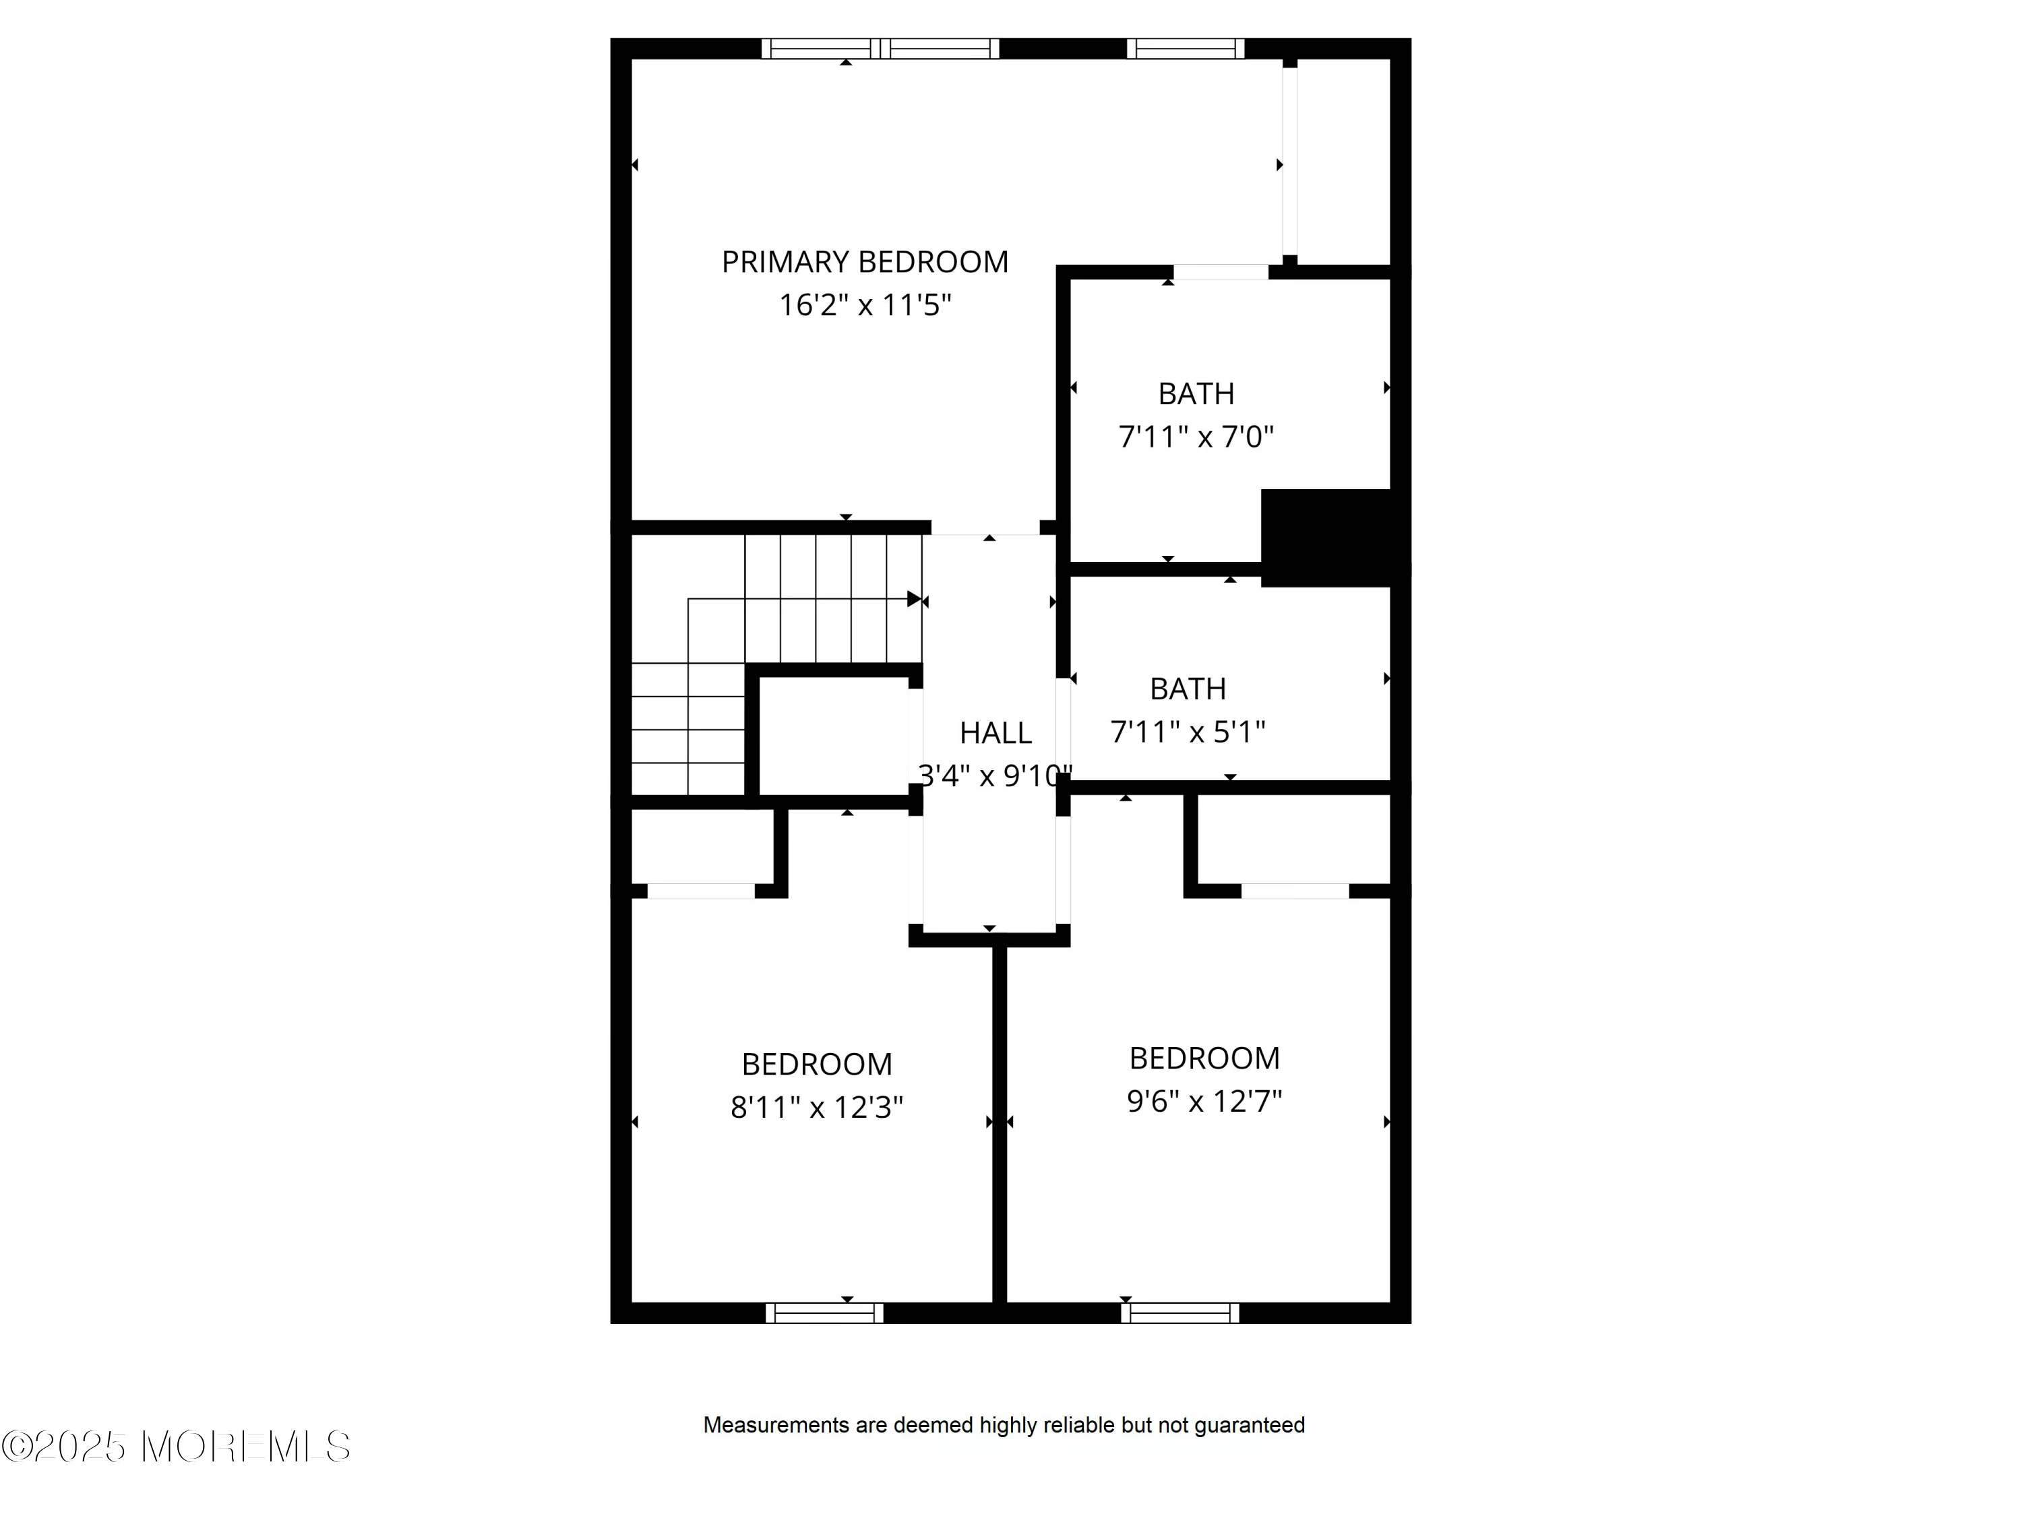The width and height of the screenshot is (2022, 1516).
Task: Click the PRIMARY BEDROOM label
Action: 865,262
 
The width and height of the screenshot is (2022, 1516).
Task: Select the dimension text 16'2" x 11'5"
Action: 865,305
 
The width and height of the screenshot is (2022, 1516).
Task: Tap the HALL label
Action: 995,733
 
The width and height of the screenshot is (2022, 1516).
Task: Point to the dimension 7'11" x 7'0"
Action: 1196,437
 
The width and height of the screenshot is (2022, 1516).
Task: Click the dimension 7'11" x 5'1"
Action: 1188,732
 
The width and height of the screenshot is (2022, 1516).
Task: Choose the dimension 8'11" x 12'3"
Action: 816,1108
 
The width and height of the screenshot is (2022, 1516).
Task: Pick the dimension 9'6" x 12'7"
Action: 1204,1101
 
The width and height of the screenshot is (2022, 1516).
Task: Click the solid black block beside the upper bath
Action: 1331,537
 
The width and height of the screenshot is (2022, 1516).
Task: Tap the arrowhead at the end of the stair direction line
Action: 914,598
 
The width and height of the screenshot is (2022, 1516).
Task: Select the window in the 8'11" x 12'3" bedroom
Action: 824,1313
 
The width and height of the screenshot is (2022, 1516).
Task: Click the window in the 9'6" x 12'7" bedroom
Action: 1180,1313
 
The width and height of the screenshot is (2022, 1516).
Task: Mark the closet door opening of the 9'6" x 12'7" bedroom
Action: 1294,891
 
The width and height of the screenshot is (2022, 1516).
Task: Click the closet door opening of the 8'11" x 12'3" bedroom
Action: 701,891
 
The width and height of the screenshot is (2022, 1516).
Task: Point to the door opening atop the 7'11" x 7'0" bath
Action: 1221,272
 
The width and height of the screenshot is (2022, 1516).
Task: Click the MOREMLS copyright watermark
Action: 175,1447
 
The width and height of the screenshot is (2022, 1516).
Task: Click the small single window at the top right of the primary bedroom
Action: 1186,49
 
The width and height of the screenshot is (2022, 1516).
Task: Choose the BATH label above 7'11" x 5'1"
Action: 1188,689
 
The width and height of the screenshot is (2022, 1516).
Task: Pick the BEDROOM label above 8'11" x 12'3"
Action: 816,1065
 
